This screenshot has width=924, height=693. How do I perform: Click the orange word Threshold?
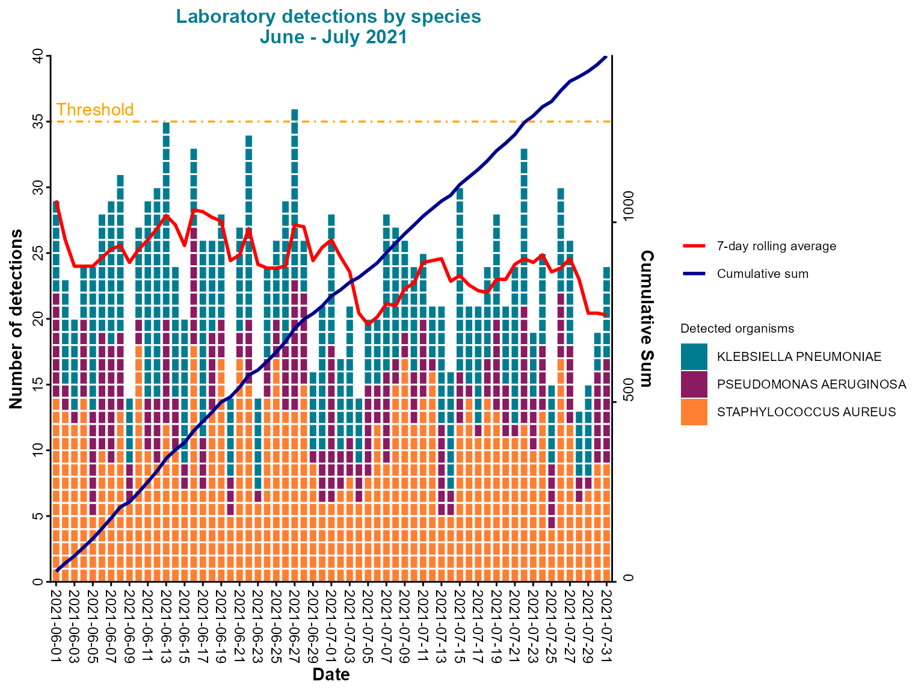coord(95,110)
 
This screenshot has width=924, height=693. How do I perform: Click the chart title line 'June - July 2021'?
coord(333,37)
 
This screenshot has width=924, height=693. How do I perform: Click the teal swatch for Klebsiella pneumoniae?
coord(694,357)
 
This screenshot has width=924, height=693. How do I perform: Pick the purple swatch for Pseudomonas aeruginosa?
coord(694,384)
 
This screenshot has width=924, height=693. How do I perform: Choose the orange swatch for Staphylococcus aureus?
coord(694,412)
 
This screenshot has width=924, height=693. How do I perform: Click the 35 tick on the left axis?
coord(37,122)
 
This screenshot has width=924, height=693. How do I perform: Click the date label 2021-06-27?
coord(295,626)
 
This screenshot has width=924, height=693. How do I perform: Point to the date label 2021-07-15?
coord(460,626)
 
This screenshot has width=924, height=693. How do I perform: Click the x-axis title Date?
coord(331,674)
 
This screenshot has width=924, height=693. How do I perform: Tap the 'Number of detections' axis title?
coord(17,319)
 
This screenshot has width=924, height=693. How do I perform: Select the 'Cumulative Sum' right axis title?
coord(647,319)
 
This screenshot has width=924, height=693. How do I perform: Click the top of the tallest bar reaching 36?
coord(295,111)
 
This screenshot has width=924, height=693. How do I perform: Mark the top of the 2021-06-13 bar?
coord(166,123)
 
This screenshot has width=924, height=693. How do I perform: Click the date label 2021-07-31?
coord(606,626)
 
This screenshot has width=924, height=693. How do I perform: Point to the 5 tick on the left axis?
coord(37,516)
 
